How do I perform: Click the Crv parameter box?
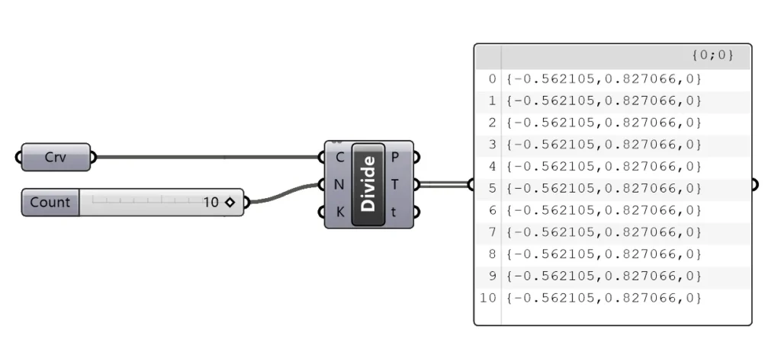tap(56, 157)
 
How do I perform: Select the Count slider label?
tap(50, 203)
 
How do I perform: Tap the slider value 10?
tap(211, 203)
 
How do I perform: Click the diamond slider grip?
tap(230, 203)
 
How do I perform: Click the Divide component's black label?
tap(368, 184)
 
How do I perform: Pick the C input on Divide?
tap(339, 158)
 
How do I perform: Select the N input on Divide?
tap(339, 185)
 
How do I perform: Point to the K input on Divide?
tap(339, 212)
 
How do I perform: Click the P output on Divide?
tap(394, 158)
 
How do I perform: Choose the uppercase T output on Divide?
tap(394, 185)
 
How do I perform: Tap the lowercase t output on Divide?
tap(394, 212)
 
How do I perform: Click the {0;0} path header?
tap(713, 55)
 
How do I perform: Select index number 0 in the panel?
tap(492, 78)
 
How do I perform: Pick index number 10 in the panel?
tap(488, 298)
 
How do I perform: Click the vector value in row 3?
tap(604, 145)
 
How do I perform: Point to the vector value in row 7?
tap(604, 232)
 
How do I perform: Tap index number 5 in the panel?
tap(492, 188)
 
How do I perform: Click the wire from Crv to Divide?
tap(207, 157)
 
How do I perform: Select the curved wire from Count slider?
tap(284, 193)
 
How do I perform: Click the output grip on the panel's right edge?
tap(754, 184)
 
